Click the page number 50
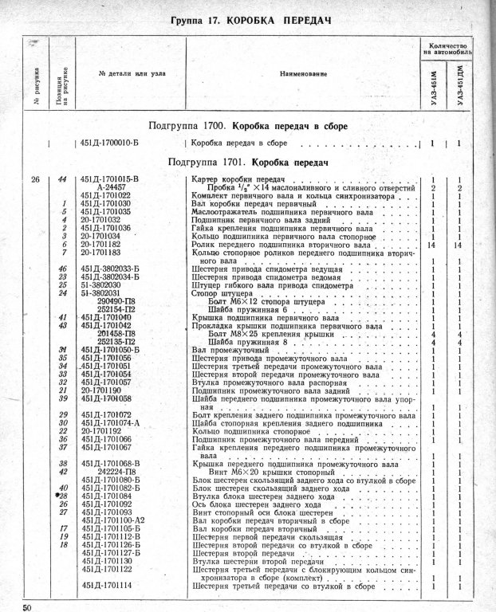[28, 607]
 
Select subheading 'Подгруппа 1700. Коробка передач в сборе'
[248, 126]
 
